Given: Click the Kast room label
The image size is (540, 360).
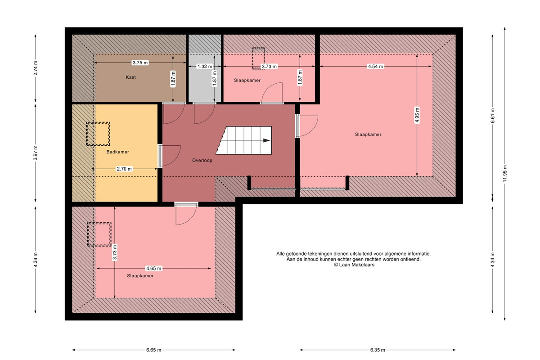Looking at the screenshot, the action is pos(130,77).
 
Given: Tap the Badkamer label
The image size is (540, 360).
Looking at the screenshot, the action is pos(117,152).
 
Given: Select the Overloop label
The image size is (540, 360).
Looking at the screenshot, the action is pos(202,160).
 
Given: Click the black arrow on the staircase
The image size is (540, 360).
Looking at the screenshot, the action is pos(266,140).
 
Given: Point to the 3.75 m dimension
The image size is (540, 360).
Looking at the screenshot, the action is pos(140,63).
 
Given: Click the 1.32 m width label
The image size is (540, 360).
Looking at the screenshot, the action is pos(205,66).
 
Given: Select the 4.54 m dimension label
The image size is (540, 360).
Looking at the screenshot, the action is pos(375,66).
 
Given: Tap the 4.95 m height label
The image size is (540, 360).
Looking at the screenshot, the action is pos(417,115).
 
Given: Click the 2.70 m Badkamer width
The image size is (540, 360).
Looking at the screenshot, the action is pos(124,169).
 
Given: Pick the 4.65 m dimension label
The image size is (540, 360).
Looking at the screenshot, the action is pos(154,268).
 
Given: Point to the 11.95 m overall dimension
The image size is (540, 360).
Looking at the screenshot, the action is pos(505,174).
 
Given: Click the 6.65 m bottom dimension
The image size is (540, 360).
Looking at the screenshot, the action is pos(154,350).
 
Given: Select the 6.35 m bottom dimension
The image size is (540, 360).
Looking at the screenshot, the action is pos(378,350).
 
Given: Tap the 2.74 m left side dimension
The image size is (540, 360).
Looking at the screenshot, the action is pos(36,68).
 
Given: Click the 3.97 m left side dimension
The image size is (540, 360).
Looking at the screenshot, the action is pos(36,153).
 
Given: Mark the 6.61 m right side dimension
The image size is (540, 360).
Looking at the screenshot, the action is pos(493,116).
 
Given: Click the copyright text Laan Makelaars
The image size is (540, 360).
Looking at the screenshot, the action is pos(354,265).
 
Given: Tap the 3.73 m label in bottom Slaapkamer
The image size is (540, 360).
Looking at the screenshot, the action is pos(115,252).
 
